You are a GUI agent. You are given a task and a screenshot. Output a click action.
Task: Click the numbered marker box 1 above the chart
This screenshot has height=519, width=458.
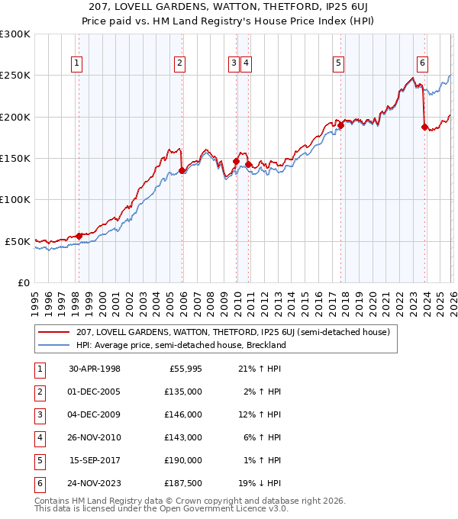click(x=78, y=64)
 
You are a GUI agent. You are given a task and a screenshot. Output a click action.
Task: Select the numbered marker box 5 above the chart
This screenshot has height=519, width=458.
click(x=338, y=64)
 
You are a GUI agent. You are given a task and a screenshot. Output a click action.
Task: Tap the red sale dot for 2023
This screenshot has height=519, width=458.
click(x=424, y=127)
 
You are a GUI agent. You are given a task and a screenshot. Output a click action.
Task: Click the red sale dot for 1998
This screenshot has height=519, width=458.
click(x=79, y=236)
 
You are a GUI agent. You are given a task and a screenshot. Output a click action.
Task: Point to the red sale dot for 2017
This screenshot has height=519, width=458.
click(x=340, y=126)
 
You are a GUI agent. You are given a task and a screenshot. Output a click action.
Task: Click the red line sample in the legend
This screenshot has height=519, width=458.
click(x=53, y=333)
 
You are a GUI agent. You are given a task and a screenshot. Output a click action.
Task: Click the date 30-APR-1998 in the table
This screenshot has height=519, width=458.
click(x=94, y=369)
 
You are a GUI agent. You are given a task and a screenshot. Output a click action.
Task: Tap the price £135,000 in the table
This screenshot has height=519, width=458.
click(x=184, y=392)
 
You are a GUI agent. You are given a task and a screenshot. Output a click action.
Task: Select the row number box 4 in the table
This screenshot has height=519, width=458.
click(x=39, y=437)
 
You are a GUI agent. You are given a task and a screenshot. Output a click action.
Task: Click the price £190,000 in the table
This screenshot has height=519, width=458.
click(x=184, y=460)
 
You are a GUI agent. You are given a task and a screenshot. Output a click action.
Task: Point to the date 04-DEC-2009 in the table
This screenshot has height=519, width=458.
click(x=94, y=414)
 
